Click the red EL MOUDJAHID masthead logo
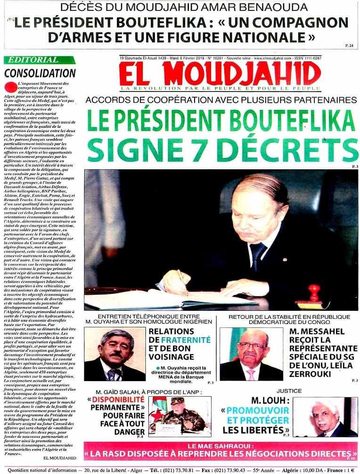(x=220, y=73)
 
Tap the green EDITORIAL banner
(x=39, y=60)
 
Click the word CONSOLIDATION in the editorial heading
(x=40, y=73)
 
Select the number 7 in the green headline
(x=195, y=150)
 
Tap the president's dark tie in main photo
(x=257, y=255)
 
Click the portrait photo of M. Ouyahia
(x=115, y=347)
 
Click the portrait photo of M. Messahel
(x=251, y=347)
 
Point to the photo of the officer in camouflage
(x=180, y=416)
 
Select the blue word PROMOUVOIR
(x=258, y=410)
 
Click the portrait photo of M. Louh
(x=325, y=416)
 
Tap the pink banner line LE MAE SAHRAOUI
(x=221, y=445)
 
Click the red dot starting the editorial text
(x=11, y=86)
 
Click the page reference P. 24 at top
(x=349, y=45)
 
